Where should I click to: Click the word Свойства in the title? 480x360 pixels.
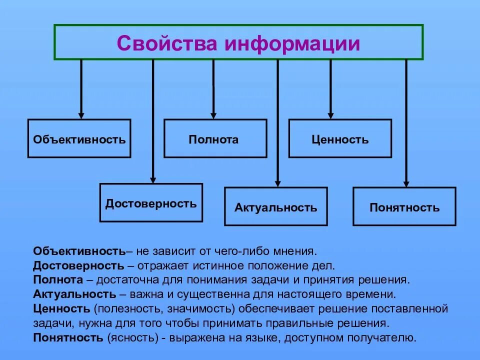click(x=168, y=43)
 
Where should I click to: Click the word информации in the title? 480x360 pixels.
click(x=292, y=43)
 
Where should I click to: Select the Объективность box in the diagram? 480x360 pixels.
click(x=79, y=139)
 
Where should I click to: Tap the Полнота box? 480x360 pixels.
click(x=213, y=139)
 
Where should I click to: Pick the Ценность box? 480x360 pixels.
click(x=340, y=139)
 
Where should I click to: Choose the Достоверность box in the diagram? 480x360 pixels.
click(x=151, y=203)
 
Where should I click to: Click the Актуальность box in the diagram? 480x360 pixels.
click(x=276, y=207)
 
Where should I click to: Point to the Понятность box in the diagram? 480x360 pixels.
click(x=404, y=207)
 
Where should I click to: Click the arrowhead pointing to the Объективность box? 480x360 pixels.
click(x=81, y=114)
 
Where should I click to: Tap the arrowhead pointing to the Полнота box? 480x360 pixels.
click(x=213, y=114)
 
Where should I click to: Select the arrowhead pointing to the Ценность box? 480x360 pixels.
click(x=330, y=114)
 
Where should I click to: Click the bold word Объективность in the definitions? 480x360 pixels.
click(x=79, y=250)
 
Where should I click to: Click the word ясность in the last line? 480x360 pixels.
click(x=134, y=337)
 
